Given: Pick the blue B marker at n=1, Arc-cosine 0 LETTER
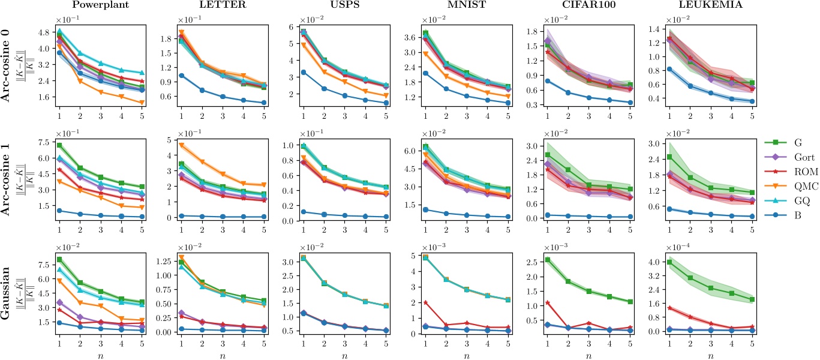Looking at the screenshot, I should click(x=181, y=76).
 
